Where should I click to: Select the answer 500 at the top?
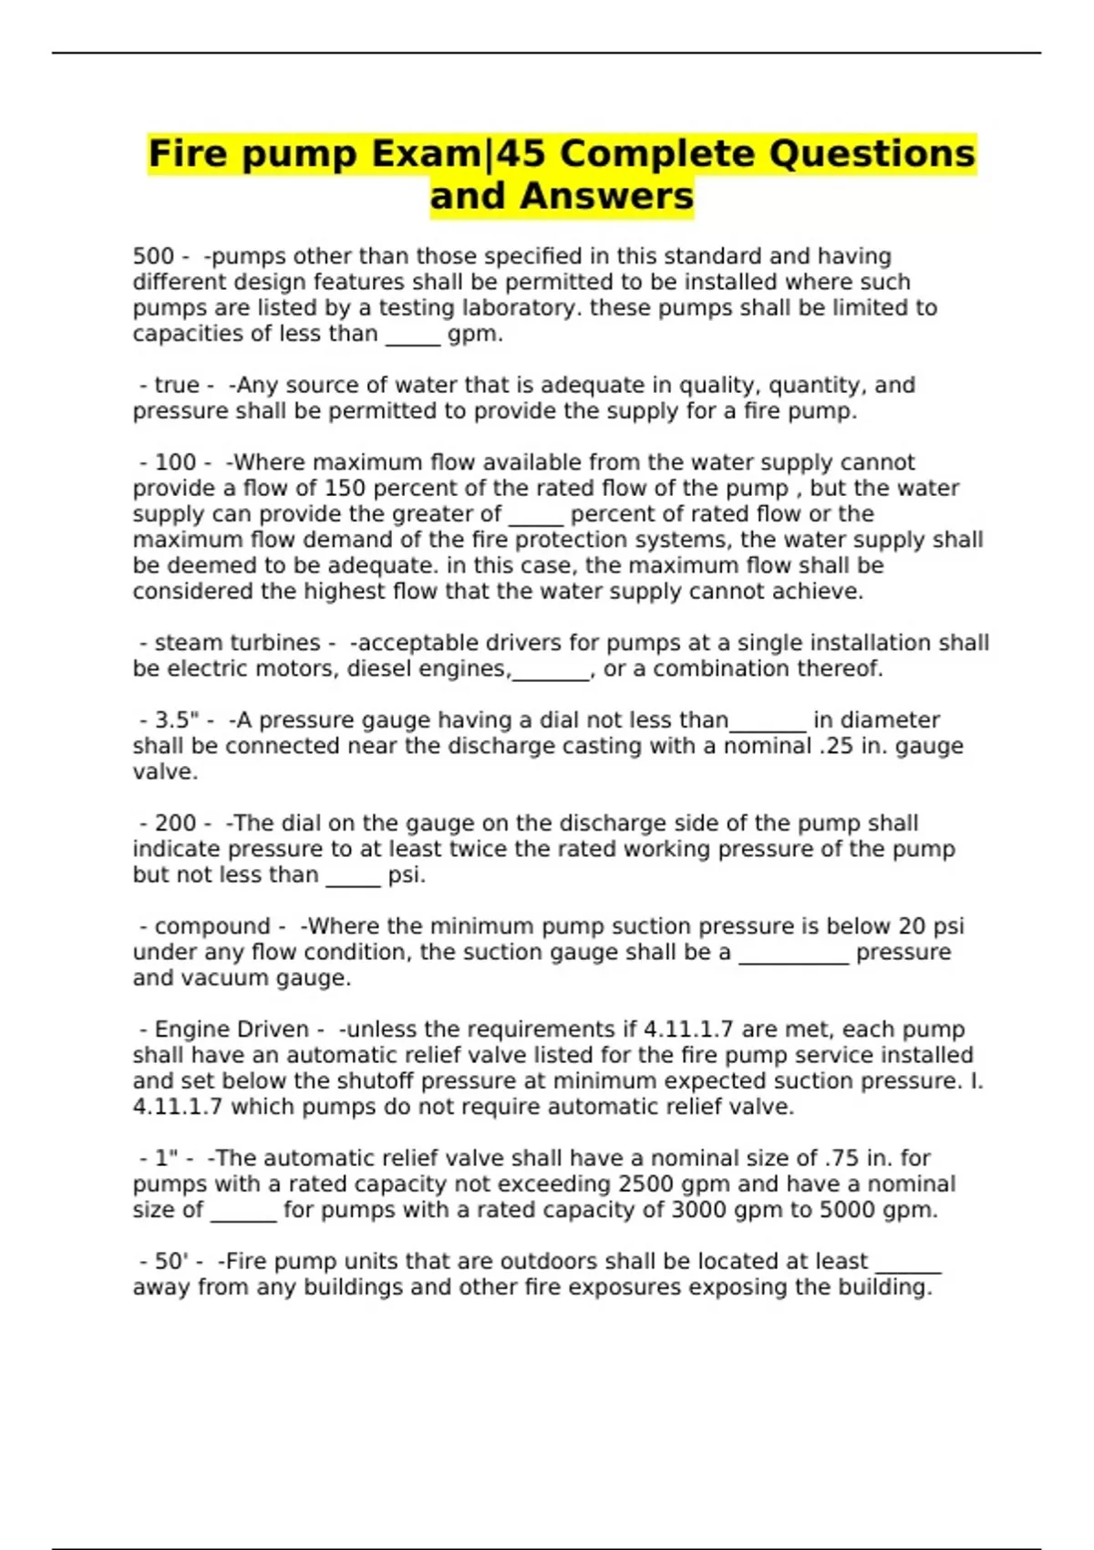pos(151,256)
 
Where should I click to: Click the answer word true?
pos(176,385)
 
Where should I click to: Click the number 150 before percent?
pos(346,488)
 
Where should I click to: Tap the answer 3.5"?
pos(177,720)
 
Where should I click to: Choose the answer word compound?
pos(212,926)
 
